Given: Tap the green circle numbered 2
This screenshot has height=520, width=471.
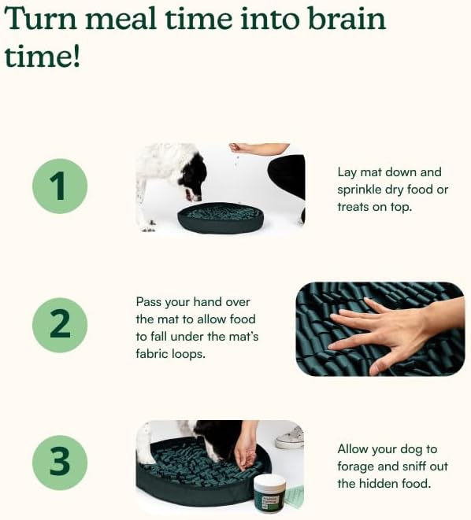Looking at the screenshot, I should coord(60,324).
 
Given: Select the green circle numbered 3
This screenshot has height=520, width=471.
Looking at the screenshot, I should coord(60,462).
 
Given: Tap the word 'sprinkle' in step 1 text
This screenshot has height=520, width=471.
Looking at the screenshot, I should coord(361,190).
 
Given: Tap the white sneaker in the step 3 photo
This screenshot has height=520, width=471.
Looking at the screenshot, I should coord(290,437).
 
